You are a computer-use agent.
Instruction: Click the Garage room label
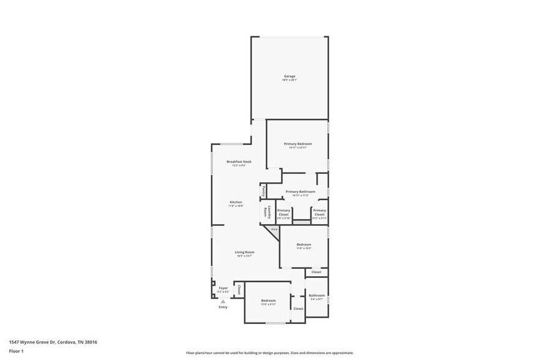pyautogui.click(x=289, y=76)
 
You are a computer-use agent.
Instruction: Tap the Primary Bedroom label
pyautogui.click(x=298, y=143)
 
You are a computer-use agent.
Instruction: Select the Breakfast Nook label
pyautogui.click(x=239, y=162)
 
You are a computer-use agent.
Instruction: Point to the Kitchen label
pyautogui.click(x=236, y=202)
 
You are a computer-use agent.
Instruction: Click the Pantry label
pyautogui.click(x=263, y=191)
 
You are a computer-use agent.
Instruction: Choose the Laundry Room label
pyautogui.click(x=266, y=211)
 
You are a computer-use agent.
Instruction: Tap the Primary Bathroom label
pyautogui.click(x=300, y=192)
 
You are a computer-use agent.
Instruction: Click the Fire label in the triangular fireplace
pyautogui.click(x=274, y=230)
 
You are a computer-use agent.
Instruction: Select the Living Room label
pyautogui.click(x=244, y=252)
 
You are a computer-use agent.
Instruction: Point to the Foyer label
pyautogui.click(x=223, y=288)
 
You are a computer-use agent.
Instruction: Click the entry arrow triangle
pyautogui.click(x=223, y=301)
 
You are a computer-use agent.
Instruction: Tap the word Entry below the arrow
pyautogui.click(x=223, y=307)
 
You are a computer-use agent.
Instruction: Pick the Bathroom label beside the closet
pyautogui.click(x=317, y=296)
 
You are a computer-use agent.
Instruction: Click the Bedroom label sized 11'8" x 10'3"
pyautogui.click(x=304, y=244)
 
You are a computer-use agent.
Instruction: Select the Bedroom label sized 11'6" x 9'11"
pyautogui.click(x=268, y=301)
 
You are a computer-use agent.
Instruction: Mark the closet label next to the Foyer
pyautogui.click(x=239, y=290)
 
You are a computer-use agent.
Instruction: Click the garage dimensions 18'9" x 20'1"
pyautogui.click(x=289, y=80)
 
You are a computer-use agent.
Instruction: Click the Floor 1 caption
pyautogui.click(x=16, y=351)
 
